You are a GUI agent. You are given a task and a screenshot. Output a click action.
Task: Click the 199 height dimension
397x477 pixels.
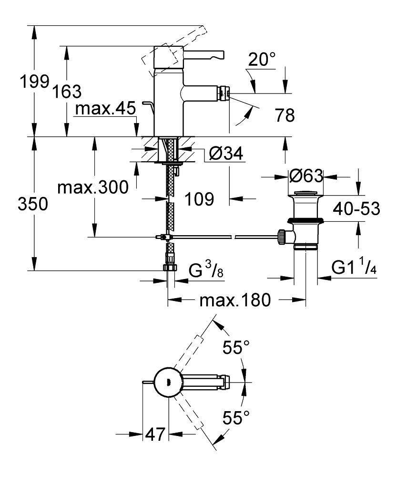coord(32,82)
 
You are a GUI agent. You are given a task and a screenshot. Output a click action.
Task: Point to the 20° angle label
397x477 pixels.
coord(262,61)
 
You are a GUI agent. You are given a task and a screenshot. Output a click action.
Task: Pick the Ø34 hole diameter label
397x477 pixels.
coord(226,154)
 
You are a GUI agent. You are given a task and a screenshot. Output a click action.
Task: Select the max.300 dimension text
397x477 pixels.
coord(92,187)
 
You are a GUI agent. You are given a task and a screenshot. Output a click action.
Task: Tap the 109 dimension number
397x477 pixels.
coord(199,199)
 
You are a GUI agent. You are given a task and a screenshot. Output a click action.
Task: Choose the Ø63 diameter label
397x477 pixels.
coord(306,176)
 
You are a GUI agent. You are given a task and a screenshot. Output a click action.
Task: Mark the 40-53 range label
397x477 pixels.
coord(357,209)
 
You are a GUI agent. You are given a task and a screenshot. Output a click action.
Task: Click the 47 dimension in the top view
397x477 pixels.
coord(155,435)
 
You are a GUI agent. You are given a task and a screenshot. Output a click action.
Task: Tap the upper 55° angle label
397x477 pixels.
coord(237,348)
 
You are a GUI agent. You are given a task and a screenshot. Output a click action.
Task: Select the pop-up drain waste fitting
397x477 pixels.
coord(306,219)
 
